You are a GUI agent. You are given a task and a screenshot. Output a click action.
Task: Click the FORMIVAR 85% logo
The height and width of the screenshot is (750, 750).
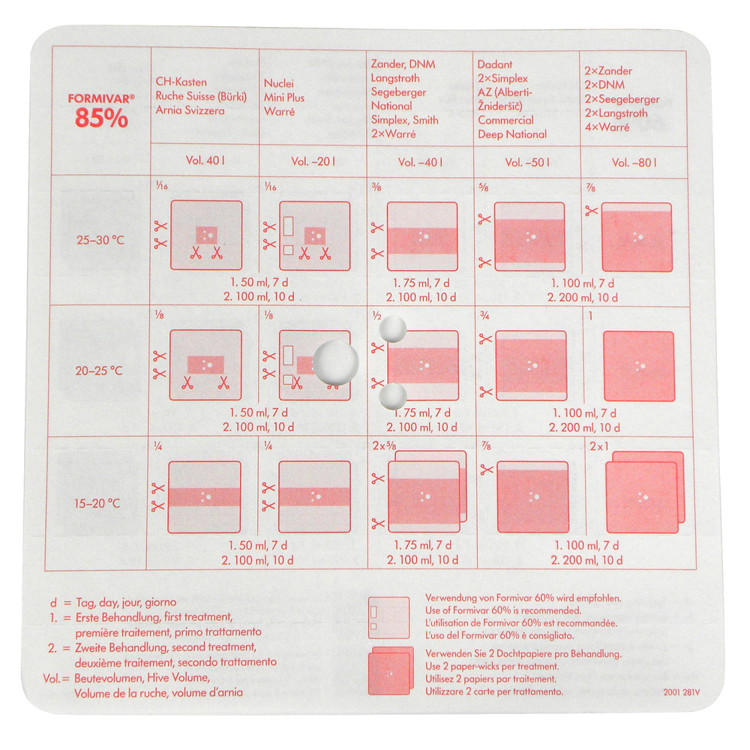(101, 111)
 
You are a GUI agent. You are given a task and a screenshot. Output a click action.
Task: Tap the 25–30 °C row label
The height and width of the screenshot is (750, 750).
(100, 240)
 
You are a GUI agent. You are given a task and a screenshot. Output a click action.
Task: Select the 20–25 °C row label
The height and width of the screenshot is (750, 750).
(99, 370)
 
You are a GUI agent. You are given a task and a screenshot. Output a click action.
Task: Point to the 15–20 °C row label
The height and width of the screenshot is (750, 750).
(97, 503)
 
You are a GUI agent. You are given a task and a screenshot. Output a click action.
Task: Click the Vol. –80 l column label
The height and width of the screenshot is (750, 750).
(634, 163)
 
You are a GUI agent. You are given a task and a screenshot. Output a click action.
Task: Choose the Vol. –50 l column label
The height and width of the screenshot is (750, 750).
(527, 163)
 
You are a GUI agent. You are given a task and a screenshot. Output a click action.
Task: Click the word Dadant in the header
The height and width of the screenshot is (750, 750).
(494, 64)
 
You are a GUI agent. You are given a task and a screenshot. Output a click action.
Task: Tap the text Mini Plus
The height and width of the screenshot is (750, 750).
(284, 97)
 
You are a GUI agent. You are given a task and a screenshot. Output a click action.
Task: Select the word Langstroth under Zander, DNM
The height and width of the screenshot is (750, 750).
(395, 78)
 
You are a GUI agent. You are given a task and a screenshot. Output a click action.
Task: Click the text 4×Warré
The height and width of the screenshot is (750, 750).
(607, 127)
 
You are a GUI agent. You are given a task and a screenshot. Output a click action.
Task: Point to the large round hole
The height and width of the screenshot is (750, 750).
(336, 362)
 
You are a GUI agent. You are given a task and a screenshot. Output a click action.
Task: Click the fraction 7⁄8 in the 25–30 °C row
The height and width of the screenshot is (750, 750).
(591, 188)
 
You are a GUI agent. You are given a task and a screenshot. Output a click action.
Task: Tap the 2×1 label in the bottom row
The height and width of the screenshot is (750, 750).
(599, 446)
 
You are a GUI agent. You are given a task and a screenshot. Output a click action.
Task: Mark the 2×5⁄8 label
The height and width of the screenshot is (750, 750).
(385, 445)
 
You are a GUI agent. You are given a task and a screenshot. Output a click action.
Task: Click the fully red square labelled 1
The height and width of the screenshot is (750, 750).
(639, 367)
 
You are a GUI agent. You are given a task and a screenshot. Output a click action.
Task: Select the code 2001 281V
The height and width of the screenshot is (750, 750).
(682, 692)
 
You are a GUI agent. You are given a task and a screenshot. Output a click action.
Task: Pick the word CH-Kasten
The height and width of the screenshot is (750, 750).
(181, 82)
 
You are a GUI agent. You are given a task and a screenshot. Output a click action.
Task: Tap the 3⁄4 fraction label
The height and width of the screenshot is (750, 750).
(484, 315)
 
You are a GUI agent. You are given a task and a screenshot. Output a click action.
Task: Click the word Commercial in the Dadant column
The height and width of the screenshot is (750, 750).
(505, 120)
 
